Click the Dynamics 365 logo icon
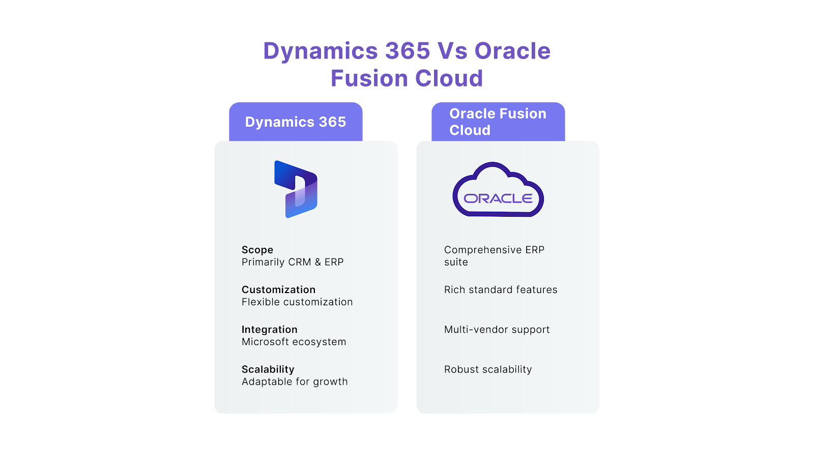point(296,189)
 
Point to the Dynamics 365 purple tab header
point(296,122)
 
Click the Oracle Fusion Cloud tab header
point(498,122)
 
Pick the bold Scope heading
point(257,250)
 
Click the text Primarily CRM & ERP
point(293,262)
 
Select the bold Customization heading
point(278,290)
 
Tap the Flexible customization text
point(297,302)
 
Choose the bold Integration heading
point(270,329)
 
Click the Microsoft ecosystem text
point(294,342)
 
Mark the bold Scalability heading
point(268,369)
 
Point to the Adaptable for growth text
point(295,382)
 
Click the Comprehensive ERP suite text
point(494,256)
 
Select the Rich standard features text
point(501,290)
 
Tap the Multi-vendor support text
point(497,329)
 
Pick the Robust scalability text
point(488,369)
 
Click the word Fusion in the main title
point(369,78)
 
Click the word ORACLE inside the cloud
point(498,198)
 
